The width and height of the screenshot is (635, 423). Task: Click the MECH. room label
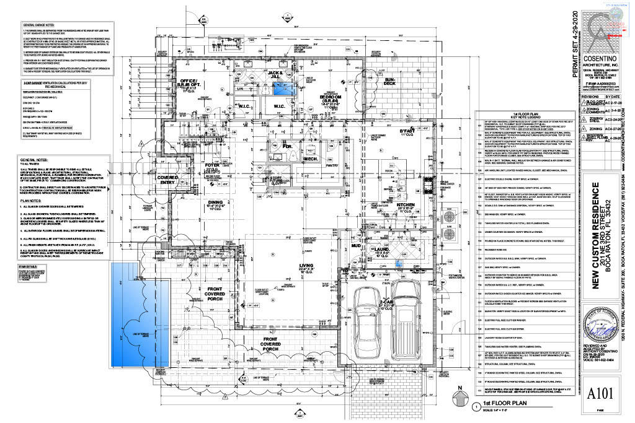pyautogui.click(x=310, y=160)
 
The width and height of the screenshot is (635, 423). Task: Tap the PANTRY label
pyautogui.click(x=331, y=165)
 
